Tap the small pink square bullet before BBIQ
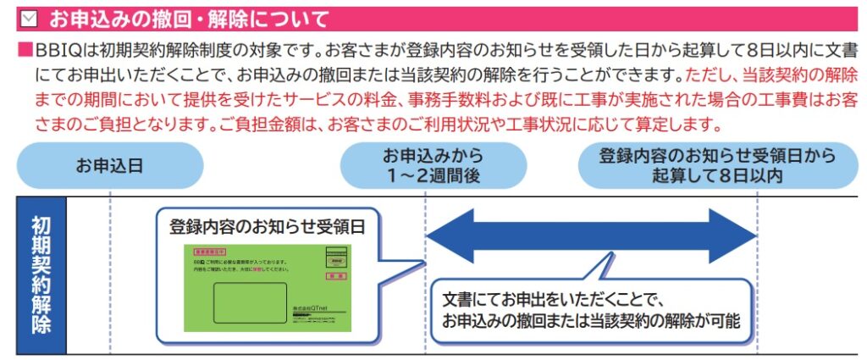pos(24,50)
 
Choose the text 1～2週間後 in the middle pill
pos(433,175)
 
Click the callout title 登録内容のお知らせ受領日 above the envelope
pos(267,226)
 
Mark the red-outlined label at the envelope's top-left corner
pos(210,252)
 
